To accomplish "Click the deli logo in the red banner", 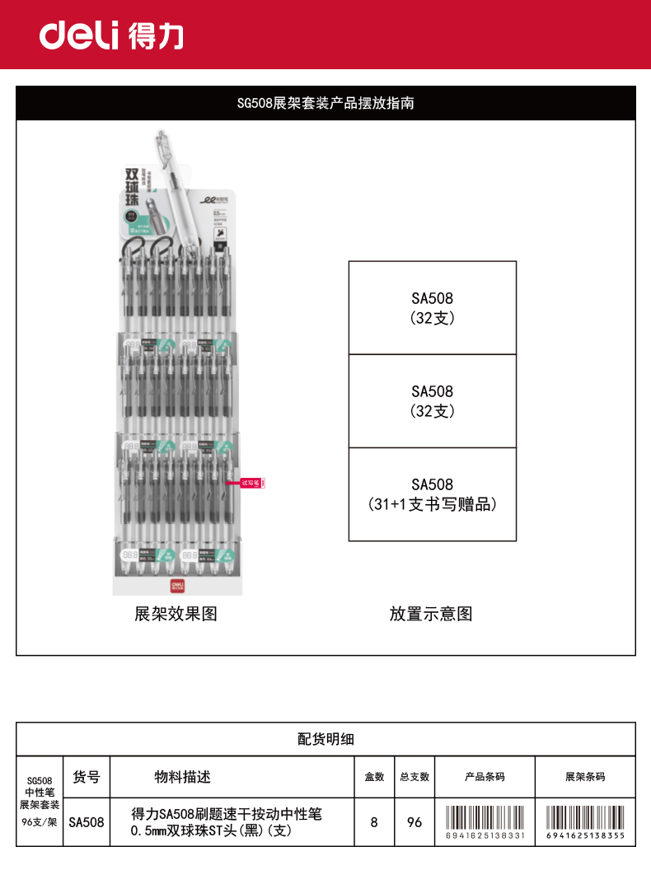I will tap(112, 35).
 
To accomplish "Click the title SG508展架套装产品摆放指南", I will tap(325, 104).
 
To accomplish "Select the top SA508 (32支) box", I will tap(433, 307).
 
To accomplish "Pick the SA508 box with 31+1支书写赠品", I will tap(433, 494).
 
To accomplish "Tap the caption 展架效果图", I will tap(176, 614).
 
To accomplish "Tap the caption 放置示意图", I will tap(431, 614).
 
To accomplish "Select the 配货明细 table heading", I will tap(325, 739).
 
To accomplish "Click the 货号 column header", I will tap(87, 776).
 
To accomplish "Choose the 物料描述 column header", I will tap(183, 776).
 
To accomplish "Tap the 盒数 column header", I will tap(374, 777).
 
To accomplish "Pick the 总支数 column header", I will tap(414, 777).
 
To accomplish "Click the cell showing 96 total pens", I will tap(414, 821).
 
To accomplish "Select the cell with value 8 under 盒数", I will tap(374, 821).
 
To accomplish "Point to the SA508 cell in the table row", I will tap(87, 821).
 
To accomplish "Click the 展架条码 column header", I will tap(585, 777).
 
